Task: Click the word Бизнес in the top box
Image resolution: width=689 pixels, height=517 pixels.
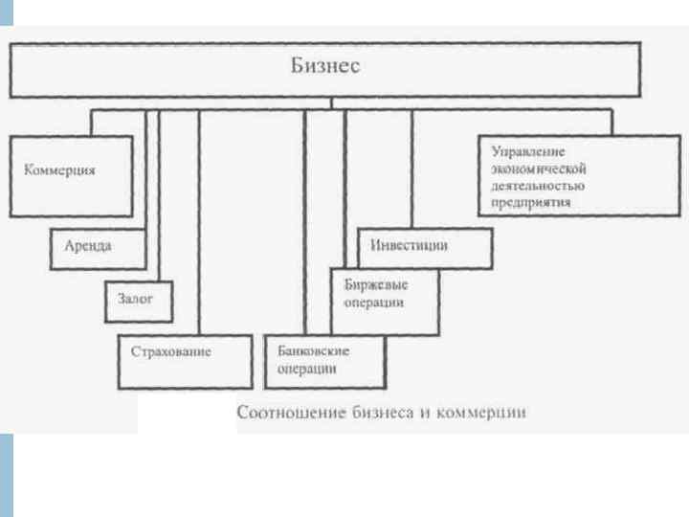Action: (x=325, y=68)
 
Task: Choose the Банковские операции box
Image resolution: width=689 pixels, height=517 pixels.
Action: (x=324, y=360)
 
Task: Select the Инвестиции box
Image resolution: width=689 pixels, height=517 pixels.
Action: (x=425, y=248)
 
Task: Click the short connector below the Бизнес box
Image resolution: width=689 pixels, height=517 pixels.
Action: (x=331, y=103)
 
